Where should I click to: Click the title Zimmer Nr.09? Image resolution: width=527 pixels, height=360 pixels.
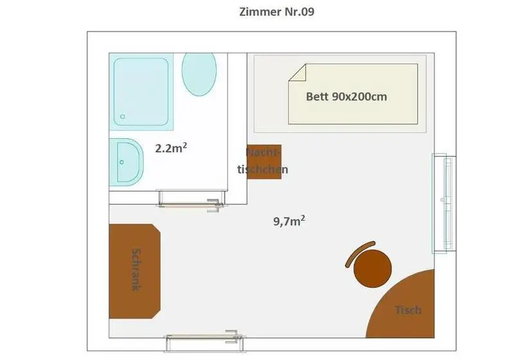click(x=276, y=12)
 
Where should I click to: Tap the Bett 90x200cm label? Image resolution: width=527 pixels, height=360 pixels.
click(x=346, y=97)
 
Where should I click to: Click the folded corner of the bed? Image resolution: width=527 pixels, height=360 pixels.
click(x=297, y=72)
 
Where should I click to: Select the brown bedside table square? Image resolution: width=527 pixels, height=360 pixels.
click(x=264, y=162)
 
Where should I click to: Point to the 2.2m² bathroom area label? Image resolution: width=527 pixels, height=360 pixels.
click(x=171, y=148)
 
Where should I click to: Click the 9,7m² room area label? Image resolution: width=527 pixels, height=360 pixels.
click(x=289, y=221)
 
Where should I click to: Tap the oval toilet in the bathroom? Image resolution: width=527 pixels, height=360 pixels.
click(x=199, y=74)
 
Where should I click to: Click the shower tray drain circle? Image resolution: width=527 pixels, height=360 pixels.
click(x=123, y=116)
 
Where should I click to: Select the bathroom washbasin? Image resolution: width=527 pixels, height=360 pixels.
click(x=127, y=162)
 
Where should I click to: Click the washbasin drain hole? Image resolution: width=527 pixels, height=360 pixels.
click(x=121, y=162)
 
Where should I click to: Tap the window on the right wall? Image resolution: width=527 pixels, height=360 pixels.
click(x=444, y=203)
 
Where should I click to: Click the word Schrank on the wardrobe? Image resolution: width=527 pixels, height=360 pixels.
click(x=136, y=269)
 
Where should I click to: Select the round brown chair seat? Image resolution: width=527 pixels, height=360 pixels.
click(x=373, y=269)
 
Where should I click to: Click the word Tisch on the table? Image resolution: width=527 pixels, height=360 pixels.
click(x=408, y=310)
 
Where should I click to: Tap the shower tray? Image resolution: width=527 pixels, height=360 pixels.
click(x=141, y=92)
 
